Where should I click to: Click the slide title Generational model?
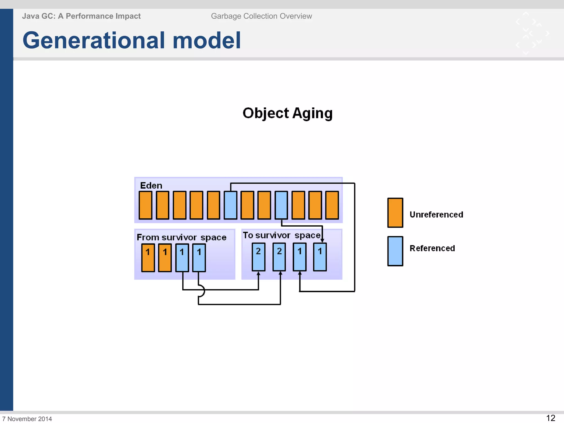click(132, 40)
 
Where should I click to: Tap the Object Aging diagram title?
click(288, 113)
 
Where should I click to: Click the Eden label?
click(151, 185)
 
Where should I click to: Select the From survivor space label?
click(181, 237)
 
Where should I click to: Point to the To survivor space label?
click(281, 235)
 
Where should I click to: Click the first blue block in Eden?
click(231, 205)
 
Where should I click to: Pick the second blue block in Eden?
click(281, 205)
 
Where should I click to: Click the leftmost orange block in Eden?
click(145, 205)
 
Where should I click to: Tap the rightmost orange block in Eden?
click(332, 205)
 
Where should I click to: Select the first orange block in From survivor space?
click(148, 258)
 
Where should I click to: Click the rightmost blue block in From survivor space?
click(199, 258)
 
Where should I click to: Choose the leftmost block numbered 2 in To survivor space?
click(258, 257)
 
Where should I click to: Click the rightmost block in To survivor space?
click(320, 257)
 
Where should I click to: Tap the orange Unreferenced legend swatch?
click(395, 213)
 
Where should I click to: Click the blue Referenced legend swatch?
click(395, 251)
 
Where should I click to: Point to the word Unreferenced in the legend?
click(436, 215)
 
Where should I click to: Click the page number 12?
click(551, 418)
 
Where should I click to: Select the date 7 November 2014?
click(27, 419)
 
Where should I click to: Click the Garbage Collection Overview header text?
click(261, 16)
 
